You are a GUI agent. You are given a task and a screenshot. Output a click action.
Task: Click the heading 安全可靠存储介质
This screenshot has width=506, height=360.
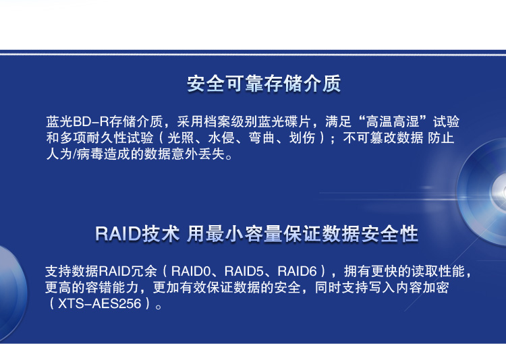(264, 84)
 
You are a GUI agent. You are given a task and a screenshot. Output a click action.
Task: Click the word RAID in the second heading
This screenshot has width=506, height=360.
(118, 233)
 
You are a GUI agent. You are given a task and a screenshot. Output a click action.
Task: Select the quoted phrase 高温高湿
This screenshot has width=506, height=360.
(393, 122)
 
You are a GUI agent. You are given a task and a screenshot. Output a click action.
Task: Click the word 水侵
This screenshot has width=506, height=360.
(221, 138)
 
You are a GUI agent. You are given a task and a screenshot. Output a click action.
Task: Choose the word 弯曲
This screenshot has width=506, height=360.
(262, 138)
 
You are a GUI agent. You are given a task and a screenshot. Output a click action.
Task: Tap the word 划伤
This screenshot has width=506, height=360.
(302, 138)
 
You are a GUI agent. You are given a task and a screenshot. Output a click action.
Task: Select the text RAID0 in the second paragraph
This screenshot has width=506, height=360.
(191, 271)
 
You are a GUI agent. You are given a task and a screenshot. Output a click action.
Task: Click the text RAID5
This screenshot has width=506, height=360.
(244, 271)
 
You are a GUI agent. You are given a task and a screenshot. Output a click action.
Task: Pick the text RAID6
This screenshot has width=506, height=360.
(298, 271)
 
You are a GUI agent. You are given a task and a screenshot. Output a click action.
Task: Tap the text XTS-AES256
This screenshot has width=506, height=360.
(100, 303)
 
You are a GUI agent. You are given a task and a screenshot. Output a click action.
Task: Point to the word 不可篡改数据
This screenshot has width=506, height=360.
(383, 138)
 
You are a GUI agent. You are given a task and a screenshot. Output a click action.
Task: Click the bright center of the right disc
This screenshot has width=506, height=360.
(500, 192)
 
